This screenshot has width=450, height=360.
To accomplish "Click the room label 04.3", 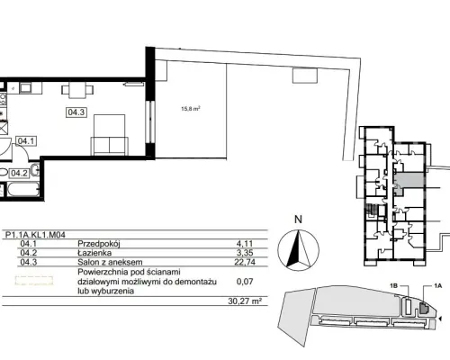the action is tap(76, 112).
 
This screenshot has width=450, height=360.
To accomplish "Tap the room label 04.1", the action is tap(26, 140).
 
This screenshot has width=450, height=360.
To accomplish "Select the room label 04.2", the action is tap(19, 173).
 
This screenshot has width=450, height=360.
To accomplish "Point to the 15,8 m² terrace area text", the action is tap(191, 108).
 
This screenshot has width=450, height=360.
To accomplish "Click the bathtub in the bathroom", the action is tap(23, 189).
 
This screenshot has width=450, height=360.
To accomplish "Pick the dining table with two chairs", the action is tap(77, 90).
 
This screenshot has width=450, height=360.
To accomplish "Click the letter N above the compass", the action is tap(298, 220).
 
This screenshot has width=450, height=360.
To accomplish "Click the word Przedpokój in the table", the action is tap(99, 244).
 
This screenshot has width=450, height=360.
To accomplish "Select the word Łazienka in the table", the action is tap(94, 253).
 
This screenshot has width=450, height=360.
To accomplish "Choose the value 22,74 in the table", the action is tap(245, 262).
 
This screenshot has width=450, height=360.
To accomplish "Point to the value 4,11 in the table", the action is tap(245, 244).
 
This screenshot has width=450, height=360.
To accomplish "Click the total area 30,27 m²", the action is tap(245, 301).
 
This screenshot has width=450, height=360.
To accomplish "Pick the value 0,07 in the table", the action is tap(245, 282).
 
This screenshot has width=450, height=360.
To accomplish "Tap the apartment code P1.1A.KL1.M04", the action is tap(35, 235).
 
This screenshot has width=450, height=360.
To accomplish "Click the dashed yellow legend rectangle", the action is tap(34, 281).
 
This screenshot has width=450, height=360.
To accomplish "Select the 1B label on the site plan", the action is tap(393, 286).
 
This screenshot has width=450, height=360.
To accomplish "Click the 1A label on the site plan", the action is tap(437, 286).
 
